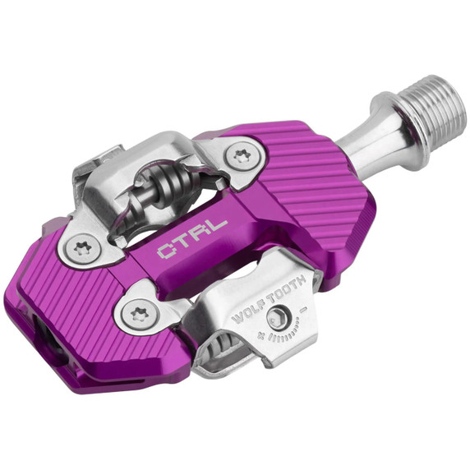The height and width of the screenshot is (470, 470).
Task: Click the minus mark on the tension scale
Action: pyautogui.click(x=306, y=310)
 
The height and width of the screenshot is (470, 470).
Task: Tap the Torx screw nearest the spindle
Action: pyautogui.click(x=241, y=156)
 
